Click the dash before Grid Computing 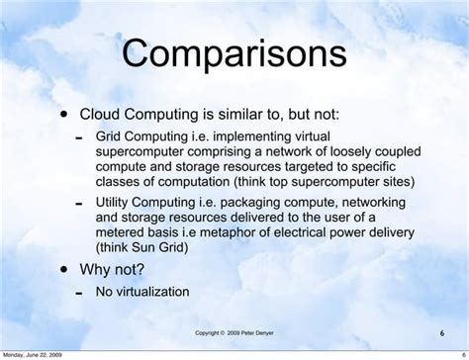click(x=79, y=137)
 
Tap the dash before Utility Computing click(x=79, y=204)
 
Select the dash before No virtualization click(x=79, y=294)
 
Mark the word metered click(x=123, y=232)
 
